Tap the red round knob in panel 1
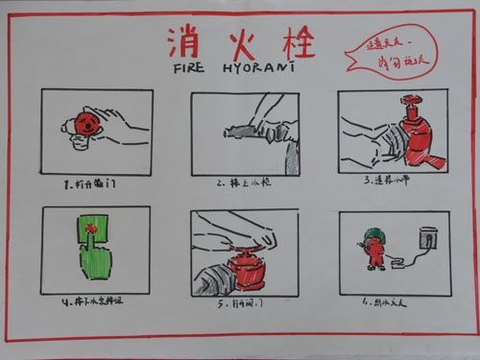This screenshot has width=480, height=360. click(86, 124)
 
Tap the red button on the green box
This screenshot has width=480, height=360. click(92, 228)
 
